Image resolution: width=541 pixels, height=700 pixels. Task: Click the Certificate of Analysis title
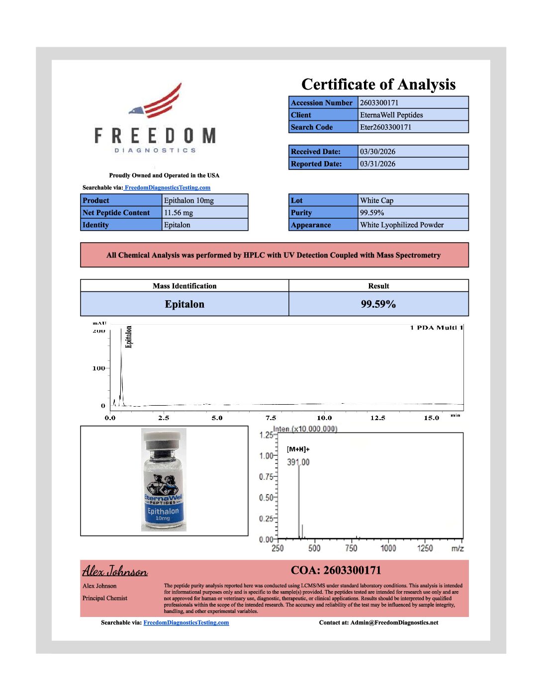(378, 85)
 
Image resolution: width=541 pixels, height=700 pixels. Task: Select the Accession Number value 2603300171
(379, 103)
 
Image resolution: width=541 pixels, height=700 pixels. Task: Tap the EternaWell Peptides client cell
(391, 115)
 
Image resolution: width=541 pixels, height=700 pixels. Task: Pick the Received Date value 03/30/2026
(378, 152)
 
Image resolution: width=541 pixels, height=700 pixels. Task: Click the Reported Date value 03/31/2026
(378, 164)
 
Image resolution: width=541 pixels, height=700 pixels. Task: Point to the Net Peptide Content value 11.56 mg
(179, 213)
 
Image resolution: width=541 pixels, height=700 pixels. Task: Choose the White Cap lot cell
(376, 200)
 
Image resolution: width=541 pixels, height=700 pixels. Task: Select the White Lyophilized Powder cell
(402, 225)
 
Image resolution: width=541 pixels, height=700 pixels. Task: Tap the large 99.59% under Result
(378, 304)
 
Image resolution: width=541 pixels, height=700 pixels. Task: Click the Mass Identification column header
(184, 286)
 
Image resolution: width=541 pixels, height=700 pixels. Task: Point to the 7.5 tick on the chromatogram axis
(271, 418)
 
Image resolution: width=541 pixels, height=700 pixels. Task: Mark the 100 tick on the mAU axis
(99, 368)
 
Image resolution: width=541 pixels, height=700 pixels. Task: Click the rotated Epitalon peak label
(129, 337)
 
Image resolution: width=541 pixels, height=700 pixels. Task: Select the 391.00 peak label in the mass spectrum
(298, 462)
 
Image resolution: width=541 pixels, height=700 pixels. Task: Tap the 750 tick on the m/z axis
(351, 548)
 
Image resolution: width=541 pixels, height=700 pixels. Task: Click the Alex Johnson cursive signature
(115, 571)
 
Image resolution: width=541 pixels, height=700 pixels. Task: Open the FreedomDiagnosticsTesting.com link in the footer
(186, 622)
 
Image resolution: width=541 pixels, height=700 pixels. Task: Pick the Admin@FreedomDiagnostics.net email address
(394, 622)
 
